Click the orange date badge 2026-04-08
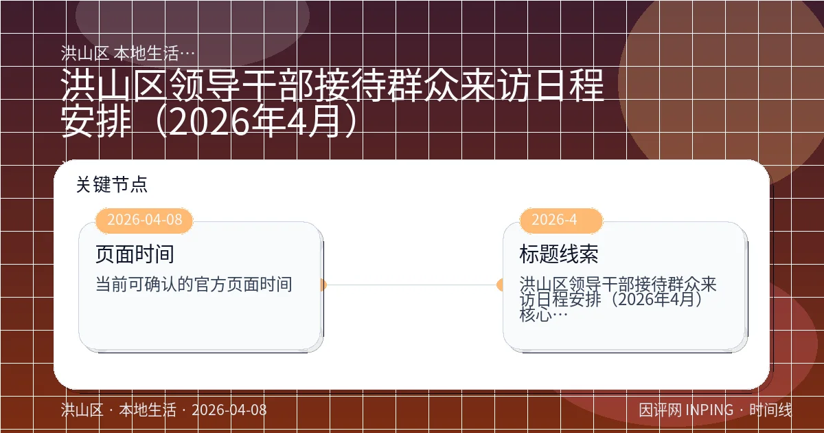[x=144, y=221]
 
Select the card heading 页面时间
[x=135, y=254]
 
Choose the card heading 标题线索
[x=559, y=254]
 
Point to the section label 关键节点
[x=112, y=184]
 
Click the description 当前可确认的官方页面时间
[x=194, y=284]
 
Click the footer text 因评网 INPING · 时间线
[x=715, y=410]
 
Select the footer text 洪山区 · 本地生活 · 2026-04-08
[x=163, y=410]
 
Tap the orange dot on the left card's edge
[x=322, y=285]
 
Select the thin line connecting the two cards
[x=412, y=285]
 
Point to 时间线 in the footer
[x=770, y=410]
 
